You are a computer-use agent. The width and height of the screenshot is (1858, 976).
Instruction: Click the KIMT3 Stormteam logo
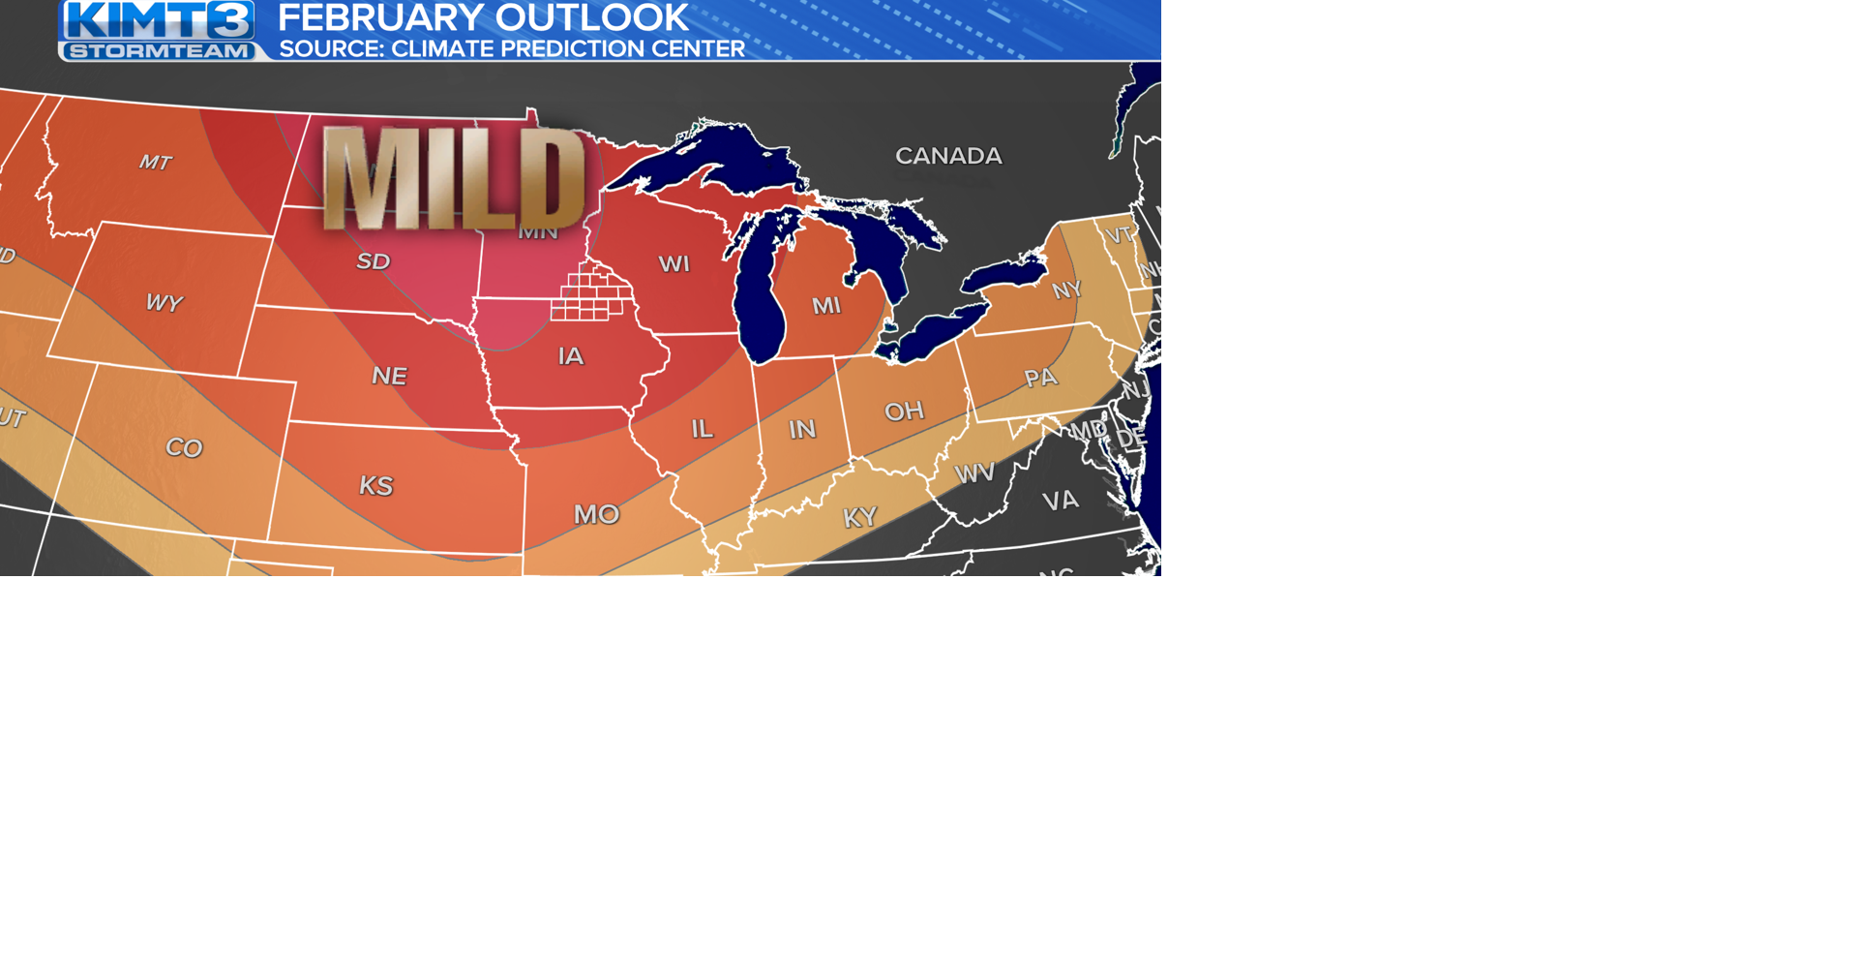coord(159,30)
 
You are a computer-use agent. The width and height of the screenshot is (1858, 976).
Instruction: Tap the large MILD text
coord(453,178)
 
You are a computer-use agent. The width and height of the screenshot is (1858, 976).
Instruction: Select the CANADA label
coord(948,156)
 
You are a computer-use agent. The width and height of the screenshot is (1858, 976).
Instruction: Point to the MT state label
coord(156,163)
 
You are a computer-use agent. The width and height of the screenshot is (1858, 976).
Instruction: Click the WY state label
coord(164,303)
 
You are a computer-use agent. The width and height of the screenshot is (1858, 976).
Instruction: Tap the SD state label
coord(374,261)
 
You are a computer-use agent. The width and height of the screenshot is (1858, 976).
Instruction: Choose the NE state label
coord(389,376)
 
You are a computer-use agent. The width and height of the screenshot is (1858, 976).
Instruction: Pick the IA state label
coord(571,356)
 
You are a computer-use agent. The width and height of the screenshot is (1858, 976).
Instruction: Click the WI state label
coord(674,263)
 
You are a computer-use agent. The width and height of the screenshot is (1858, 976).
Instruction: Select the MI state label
coord(826,306)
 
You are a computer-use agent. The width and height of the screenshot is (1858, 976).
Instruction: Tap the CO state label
coord(184,447)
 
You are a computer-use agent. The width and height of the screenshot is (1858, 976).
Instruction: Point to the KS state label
coord(376,485)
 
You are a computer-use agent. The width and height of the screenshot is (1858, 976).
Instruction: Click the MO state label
coord(596,514)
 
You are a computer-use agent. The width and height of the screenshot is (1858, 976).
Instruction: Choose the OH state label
coord(904,412)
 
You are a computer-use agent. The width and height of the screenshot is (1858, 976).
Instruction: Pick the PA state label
coord(1041,378)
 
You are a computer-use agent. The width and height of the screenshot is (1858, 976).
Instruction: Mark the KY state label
coord(859,518)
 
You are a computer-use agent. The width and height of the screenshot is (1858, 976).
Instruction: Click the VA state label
coord(1060,501)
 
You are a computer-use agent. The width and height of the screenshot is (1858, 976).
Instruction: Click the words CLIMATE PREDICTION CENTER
coord(568,49)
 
